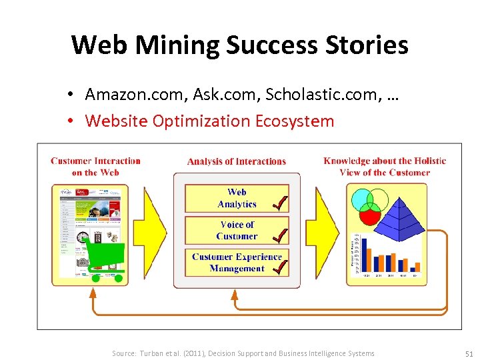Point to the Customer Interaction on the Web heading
[95, 166]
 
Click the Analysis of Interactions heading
[237, 161]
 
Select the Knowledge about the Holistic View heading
[385, 166]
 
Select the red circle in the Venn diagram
[369, 215]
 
